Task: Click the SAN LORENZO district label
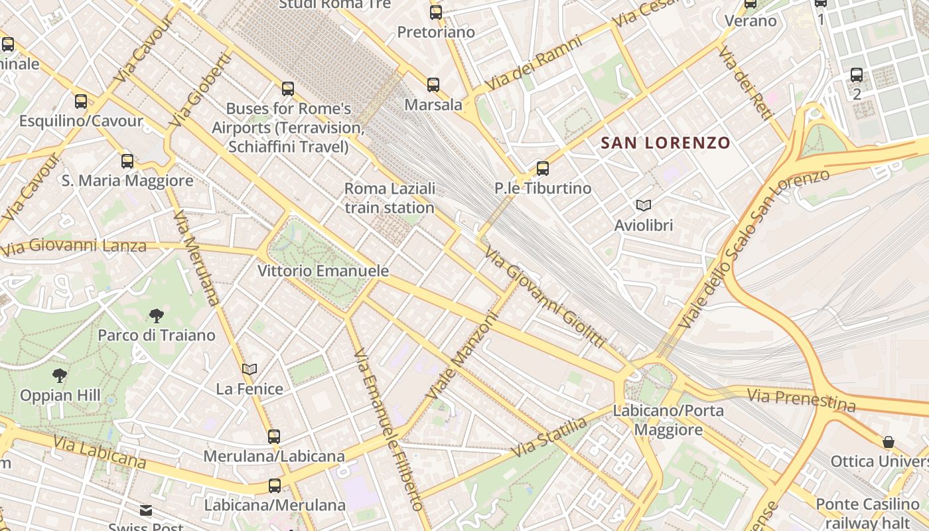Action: pyautogui.click(x=666, y=143)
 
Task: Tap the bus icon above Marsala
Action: pyautogui.click(x=433, y=84)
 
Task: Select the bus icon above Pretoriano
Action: pyautogui.click(x=436, y=12)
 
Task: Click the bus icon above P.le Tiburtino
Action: pyautogui.click(x=543, y=168)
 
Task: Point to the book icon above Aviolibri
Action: pyautogui.click(x=643, y=205)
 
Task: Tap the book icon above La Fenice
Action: pyautogui.click(x=250, y=369)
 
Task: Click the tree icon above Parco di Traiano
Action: pyautogui.click(x=157, y=315)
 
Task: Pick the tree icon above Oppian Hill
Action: pyautogui.click(x=60, y=376)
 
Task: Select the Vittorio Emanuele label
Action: pyautogui.click(x=323, y=271)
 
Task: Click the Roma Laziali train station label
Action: pyautogui.click(x=390, y=198)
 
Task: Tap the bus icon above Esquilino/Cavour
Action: pyautogui.click(x=81, y=102)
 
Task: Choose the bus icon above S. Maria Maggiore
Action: pyautogui.click(x=127, y=161)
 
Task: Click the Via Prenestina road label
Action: pyautogui.click(x=801, y=400)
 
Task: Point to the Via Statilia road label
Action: pyautogui.click(x=549, y=437)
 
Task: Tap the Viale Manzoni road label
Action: pyautogui.click(x=462, y=356)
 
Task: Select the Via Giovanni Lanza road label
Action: pyautogui.click(x=73, y=248)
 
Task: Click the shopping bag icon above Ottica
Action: pyautogui.click(x=889, y=442)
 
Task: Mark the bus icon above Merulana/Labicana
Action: pyautogui.click(x=274, y=436)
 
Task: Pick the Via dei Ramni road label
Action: pyautogui.click(x=534, y=64)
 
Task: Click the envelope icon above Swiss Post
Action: pyautogui.click(x=146, y=510)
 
